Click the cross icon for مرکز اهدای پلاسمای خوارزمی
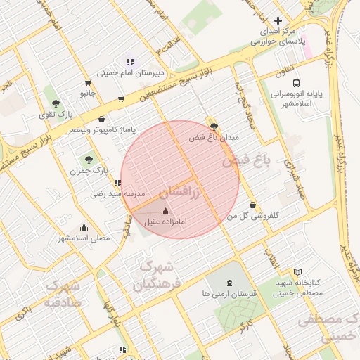pyautogui.click(x=278, y=21)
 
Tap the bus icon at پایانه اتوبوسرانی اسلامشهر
pyautogui.click(x=296, y=82)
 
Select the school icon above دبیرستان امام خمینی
pyautogui.click(x=129, y=62)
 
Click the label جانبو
pyautogui.click(x=87, y=92)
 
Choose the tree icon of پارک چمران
pyautogui.click(x=88, y=160)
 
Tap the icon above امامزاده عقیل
pyautogui.click(x=165, y=211)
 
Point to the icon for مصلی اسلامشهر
pyautogui.click(x=84, y=228)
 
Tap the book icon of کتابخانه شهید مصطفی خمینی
pyautogui.click(x=297, y=272)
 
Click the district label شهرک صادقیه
pyautogui.click(x=63, y=295)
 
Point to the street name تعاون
pyautogui.click(x=283, y=70)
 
